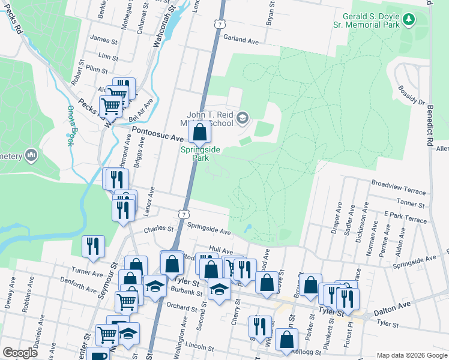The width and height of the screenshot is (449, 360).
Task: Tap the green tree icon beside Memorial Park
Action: coord(409,20)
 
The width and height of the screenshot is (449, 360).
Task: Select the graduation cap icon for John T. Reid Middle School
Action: coord(242,118)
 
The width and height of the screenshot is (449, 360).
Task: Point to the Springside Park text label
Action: coord(195,154)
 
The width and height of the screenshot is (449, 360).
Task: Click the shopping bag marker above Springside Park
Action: coord(200,131)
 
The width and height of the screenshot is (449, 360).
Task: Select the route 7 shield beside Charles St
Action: coord(184,214)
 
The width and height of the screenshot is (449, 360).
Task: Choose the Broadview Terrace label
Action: coord(399,186)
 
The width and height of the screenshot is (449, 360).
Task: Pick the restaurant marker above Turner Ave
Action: coord(93,246)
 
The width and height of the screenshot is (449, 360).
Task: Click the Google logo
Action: coord(20,353)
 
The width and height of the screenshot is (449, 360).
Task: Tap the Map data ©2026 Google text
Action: coord(411,355)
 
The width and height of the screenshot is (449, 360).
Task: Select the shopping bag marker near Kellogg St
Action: coord(287,340)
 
